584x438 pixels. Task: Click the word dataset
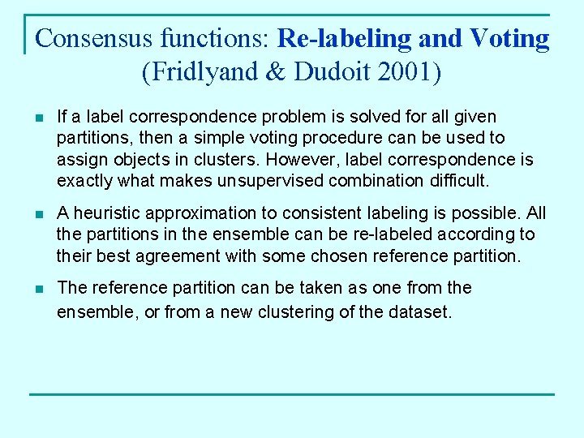pos(420,311)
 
